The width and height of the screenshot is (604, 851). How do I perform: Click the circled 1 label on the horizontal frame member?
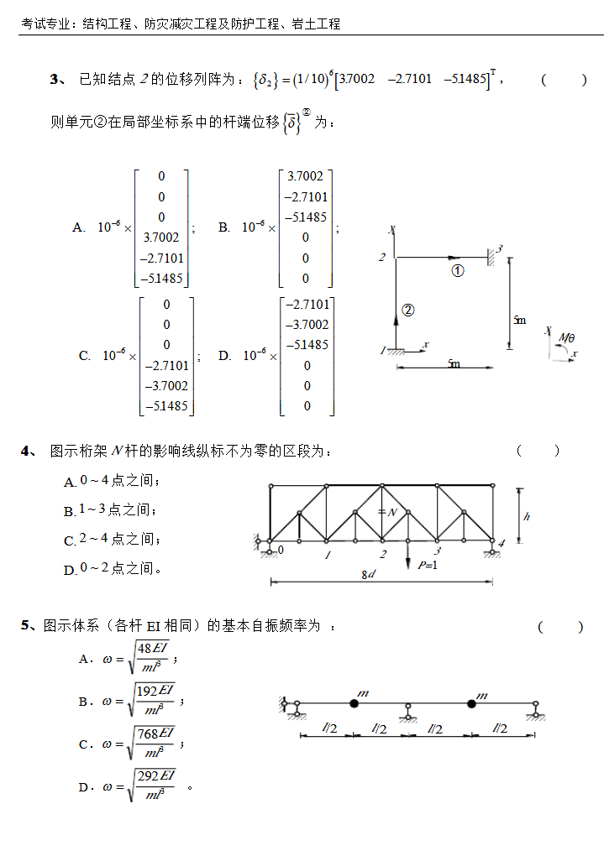pyautogui.click(x=458, y=270)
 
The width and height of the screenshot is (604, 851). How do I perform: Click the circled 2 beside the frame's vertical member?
pyautogui.click(x=407, y=310)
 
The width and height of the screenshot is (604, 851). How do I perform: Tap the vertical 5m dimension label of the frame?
pyautogui.click(x=520, y=320)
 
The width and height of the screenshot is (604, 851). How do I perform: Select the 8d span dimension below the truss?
pyautogui.click(x=368, y=575)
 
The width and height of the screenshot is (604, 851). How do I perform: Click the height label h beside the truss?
pyautogui.click(x=527, y=516)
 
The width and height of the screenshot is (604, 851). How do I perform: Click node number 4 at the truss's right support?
pyautogui.click(x=502, y=543)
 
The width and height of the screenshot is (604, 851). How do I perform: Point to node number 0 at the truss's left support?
pyautogui.click(x=281, y=551)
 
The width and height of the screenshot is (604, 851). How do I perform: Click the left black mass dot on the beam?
pyautogui.click(x=354, y=704)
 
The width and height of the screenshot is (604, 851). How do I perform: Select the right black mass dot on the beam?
pyautogui.click(x=471, y=704)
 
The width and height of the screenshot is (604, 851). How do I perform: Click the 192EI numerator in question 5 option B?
pyautogui.click(x=155, y=690)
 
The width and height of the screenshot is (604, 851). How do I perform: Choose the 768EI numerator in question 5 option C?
pyautogui.click(x=155, y=734)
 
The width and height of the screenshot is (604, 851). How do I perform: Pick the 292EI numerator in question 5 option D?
pyautogui.click(x=155, y=775)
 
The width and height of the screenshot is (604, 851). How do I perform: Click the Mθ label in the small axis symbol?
pyautogui.click(x=568, y=338)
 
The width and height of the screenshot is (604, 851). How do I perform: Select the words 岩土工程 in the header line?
pyautogui.click(x=317, y=24)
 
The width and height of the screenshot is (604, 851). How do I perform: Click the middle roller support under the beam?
pyautogui.click(x=408, y=714)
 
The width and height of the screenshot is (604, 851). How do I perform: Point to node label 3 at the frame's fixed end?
pyautogui.click(x=499, y=248)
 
